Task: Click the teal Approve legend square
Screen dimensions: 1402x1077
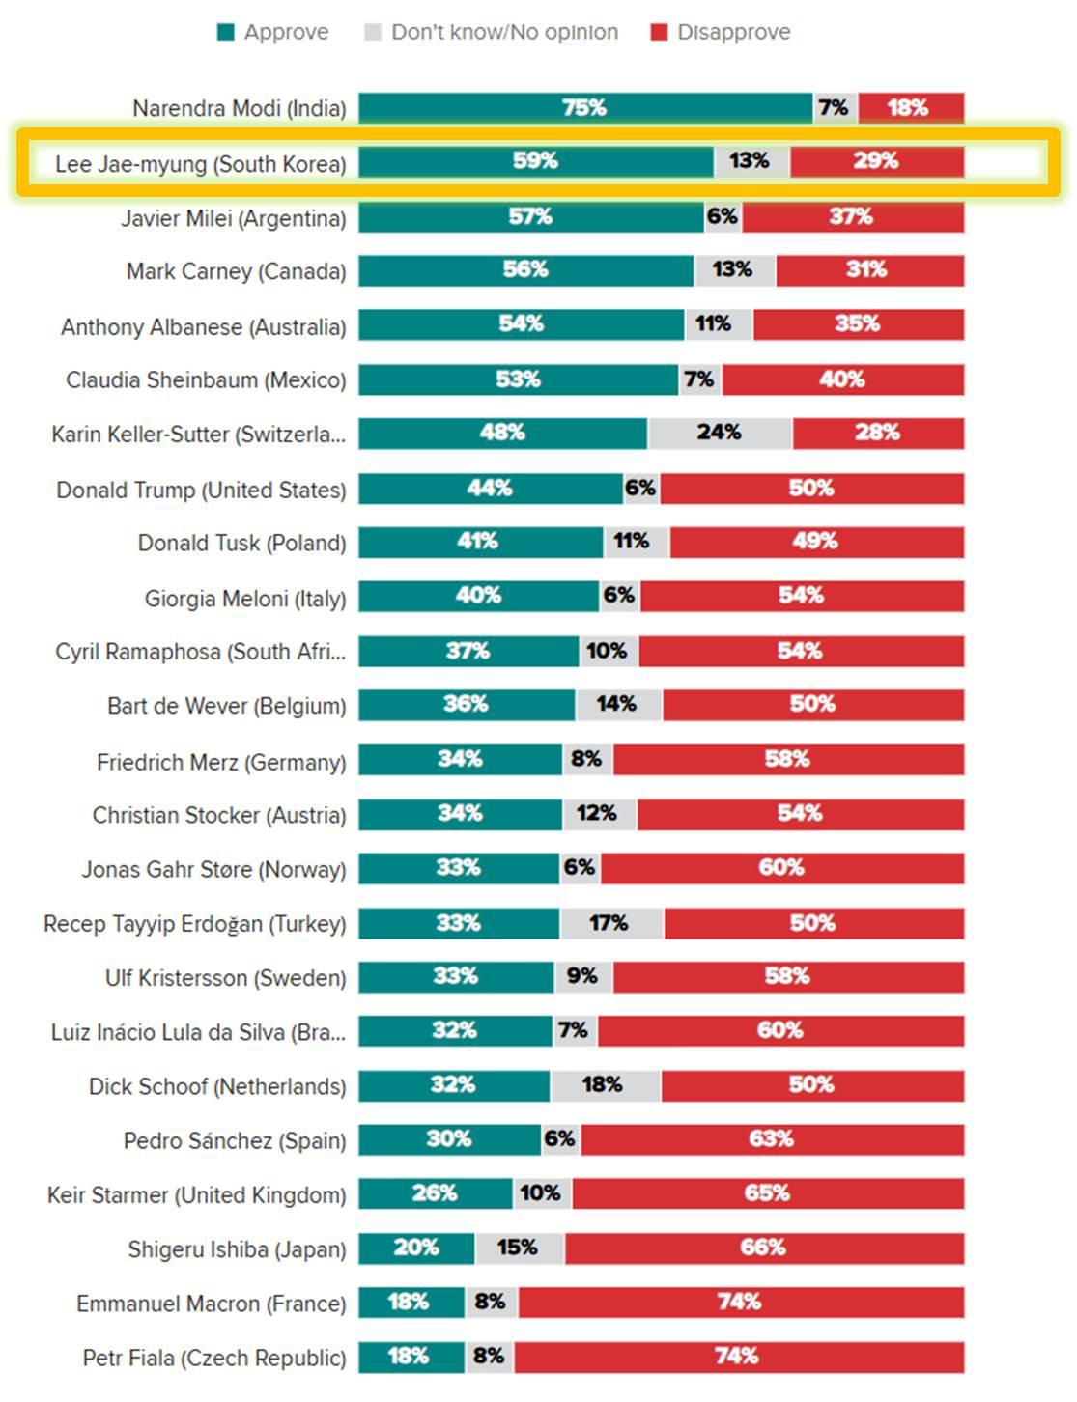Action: coord(226,33)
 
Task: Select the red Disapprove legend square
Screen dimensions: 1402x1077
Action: coord(659,33)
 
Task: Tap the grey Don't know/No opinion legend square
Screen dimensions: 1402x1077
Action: coord(373,33)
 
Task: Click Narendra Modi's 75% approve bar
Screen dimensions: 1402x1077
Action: coord(584,108)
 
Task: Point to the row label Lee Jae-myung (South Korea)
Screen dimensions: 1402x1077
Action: coord(200,164)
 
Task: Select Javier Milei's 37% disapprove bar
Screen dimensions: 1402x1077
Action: coord(852,217)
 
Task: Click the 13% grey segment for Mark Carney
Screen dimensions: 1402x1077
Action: coord(733,270)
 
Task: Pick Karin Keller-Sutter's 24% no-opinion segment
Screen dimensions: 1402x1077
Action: coord(720,434)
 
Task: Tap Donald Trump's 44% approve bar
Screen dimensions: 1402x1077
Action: coord(490,489)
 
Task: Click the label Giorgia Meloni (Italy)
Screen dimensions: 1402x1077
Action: coord(245,599)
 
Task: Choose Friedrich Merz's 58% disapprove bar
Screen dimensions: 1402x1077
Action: coord(787,760)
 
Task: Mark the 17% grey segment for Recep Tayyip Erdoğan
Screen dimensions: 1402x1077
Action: coord(610,924)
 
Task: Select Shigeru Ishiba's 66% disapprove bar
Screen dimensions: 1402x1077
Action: coord(763,1248)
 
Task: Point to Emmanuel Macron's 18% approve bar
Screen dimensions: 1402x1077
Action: coord(410,1303)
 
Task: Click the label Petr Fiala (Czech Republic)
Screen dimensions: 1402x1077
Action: coord(213,1359)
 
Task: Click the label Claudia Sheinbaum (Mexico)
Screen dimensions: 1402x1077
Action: coord(206,380)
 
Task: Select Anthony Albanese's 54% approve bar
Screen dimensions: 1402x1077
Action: coord(521,324)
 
